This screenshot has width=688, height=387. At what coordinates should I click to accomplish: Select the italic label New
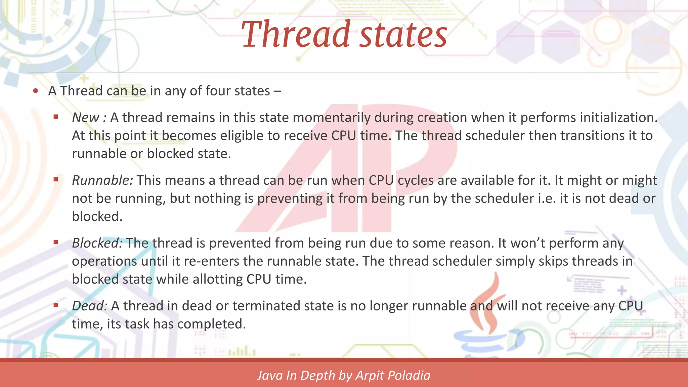click(x=86, y=118)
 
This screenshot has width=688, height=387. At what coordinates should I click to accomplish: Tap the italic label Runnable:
click(x=102, y=180)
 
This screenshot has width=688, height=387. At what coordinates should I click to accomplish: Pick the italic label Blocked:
click(x=97, y=243)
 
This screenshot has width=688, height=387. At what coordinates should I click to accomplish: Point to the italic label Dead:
click(x=89, y=306)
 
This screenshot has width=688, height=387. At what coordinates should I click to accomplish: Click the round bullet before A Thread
click(x=36, y=91)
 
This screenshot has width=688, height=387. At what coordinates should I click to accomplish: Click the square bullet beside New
click(x=56, y=117)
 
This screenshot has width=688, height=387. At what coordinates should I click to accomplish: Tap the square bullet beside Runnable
click(x=56, y=180)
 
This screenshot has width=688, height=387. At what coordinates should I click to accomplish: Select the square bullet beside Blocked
click(x=56, y=242)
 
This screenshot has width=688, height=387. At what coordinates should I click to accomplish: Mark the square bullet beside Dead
click(x=56, y=305)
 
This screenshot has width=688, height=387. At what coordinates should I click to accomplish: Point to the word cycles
click(x=416, y=180)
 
